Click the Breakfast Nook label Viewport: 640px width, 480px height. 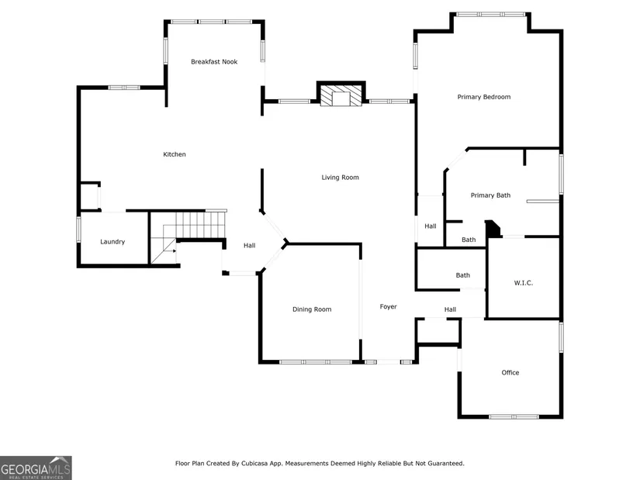click(x=214, y=61)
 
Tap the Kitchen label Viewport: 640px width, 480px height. click(x=175, y=154)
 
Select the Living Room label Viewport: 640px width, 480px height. click(x=340, y=177)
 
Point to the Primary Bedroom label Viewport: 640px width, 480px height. click(x=483, y=97)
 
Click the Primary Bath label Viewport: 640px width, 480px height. click(x=490, y=195)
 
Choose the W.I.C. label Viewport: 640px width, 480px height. click(x=524, y=283)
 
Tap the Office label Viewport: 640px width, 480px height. click(x=510, y=372)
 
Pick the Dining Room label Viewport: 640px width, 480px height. click(x=312, y=309)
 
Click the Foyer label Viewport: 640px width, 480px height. click(x=388, y=306)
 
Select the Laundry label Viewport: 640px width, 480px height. click(x=112, y=242)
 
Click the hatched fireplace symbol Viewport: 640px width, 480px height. click(x=341, y=95)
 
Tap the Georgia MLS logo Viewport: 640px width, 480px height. click(x=36, y=468)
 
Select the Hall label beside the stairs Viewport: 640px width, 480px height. click(x=249, y=245)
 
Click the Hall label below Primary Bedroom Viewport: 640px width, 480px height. click(x=431, y=226)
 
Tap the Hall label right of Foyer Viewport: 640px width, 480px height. click(x=450, y=309)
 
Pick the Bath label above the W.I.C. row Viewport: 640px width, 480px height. click(x=469, y=240)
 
